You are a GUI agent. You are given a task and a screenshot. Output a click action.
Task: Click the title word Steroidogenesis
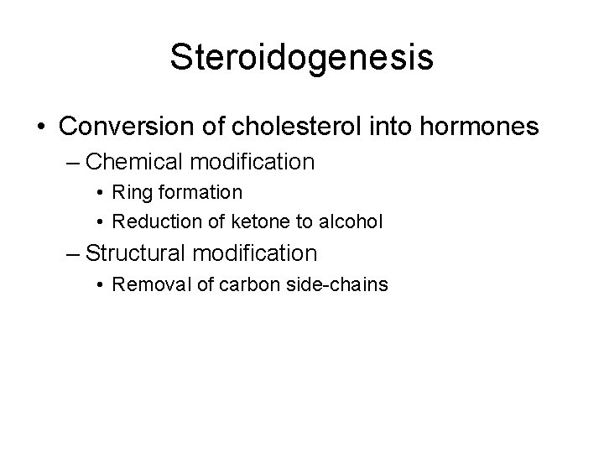[x=301, y=57]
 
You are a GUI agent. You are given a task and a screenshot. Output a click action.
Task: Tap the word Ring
[x=129, y=192]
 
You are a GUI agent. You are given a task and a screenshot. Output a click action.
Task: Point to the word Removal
[x=144, y=284]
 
